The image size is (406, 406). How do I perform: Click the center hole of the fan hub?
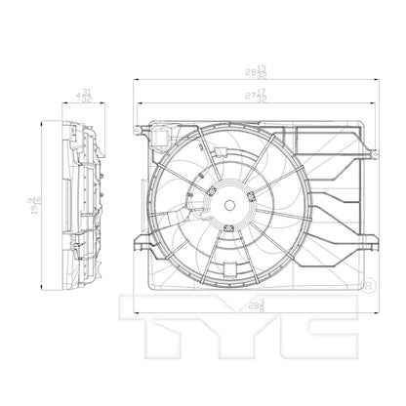click(x=228, y=207)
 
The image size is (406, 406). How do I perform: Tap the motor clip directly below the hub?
click(x=228, y=229)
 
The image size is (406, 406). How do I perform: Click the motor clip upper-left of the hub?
click(x=211, y=187)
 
